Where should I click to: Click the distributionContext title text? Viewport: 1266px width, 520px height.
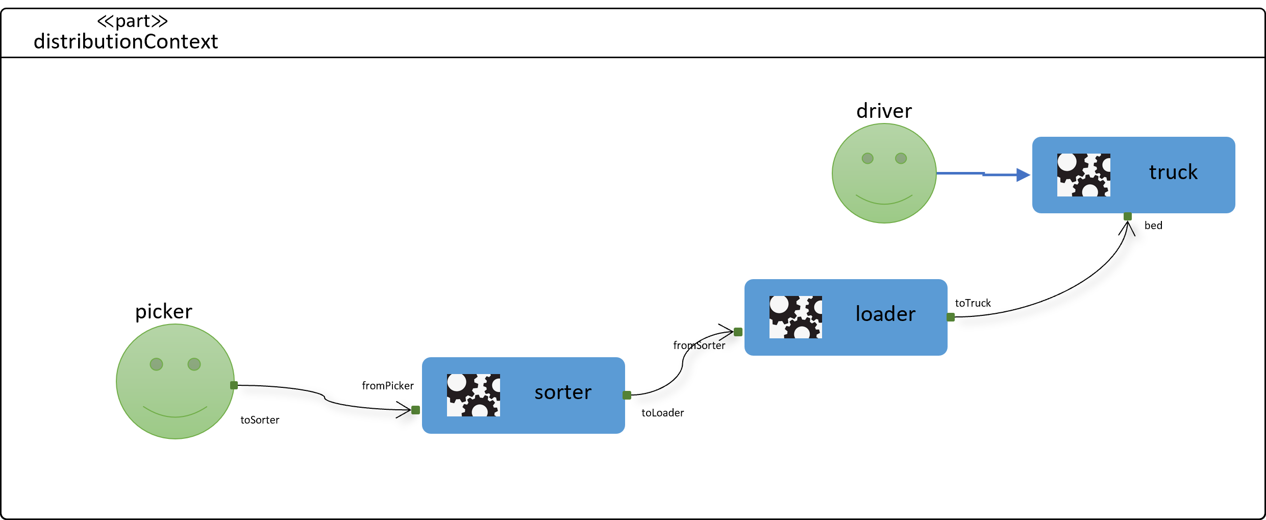coord(126,42)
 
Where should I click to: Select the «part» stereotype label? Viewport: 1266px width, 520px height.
coord(132,21)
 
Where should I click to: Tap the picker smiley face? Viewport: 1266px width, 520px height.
coord(175,381)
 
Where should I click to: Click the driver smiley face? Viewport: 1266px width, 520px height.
coord(884,173)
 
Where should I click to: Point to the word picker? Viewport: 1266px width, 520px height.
coord(163,311)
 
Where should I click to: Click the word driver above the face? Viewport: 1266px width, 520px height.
coord(884,111)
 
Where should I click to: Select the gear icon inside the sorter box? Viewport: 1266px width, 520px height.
coord(473,395)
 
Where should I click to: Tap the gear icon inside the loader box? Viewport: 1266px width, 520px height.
coord(796,317)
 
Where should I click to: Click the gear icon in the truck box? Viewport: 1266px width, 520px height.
coord(1083,175)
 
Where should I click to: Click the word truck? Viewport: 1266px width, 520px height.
coord(1173,172)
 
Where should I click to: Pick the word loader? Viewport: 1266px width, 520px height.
coord(885,314)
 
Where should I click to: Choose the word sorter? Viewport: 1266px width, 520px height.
coord(563,392)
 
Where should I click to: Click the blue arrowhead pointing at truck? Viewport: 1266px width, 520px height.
coord(1023,175)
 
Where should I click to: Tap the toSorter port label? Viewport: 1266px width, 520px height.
coord(260,420)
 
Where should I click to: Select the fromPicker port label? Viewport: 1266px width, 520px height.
coord(388,386)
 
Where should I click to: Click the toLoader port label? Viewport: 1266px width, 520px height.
coord(662,413)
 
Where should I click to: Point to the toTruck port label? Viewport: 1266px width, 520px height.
coord(973,303)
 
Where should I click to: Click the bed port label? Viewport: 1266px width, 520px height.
coord(1153,226)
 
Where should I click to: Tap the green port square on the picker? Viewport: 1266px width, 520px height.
coord(234,385)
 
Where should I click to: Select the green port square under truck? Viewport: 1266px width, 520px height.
coord(1128,216)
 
